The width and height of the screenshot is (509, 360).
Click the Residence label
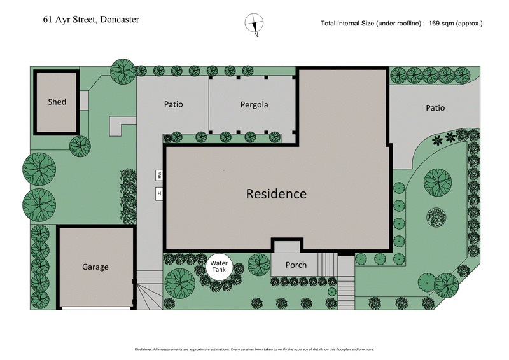(x=276, y=194)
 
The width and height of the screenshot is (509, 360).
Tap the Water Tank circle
(x=219, y=266)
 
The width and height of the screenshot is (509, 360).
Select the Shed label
(x=57, y=102)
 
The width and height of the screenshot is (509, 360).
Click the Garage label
(x=95, y=267)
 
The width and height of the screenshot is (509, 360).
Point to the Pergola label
(x=254, y=104)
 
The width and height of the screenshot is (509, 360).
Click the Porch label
(x=296, y=265)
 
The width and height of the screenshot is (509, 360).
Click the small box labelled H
(x=159, y=193)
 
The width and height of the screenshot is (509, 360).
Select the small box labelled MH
(x=159, y=175)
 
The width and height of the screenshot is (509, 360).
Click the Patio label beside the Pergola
(x=173, y=104)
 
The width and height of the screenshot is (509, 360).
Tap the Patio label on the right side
(x=435, y=108)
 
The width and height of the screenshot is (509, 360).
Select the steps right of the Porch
(x=327, y=263)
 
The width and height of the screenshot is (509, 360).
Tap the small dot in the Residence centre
(x=223, y=170)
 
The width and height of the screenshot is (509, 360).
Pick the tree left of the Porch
(x=258, y=263)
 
